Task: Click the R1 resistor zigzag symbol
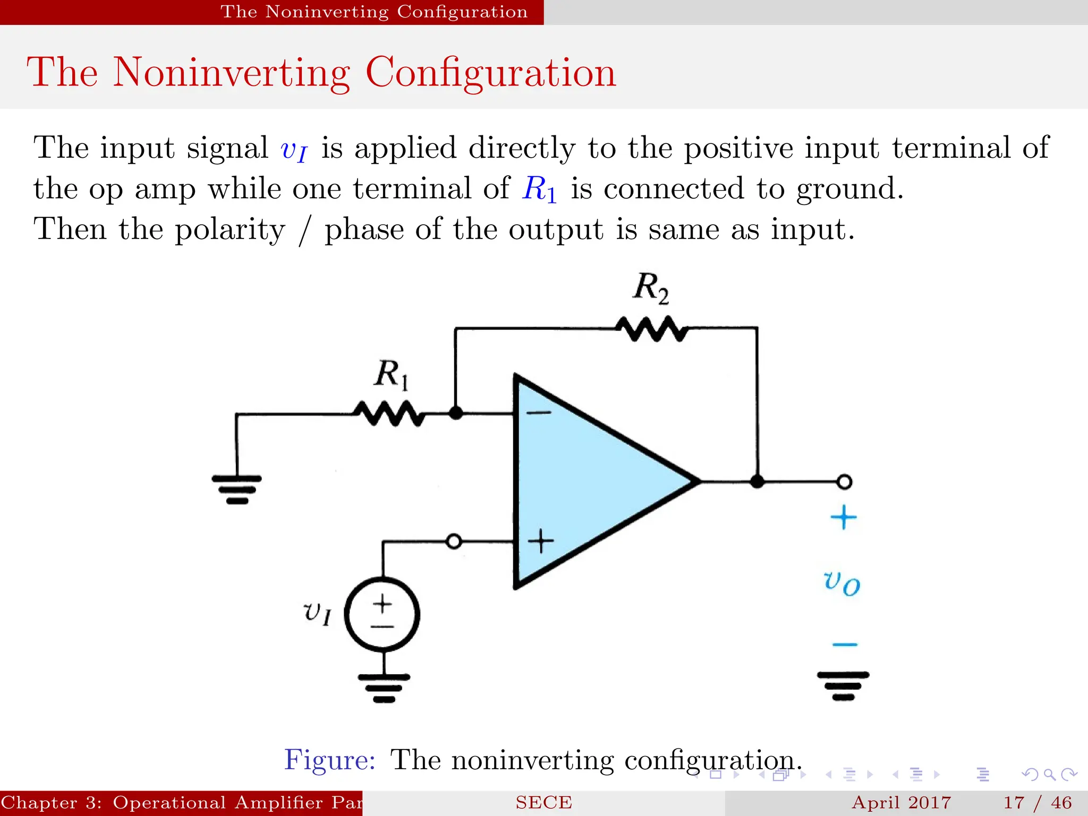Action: tap(389, 413)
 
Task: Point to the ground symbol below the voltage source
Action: tap(384, 688)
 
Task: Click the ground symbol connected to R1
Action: tap(236, 489)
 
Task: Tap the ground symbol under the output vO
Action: tap(843, 686)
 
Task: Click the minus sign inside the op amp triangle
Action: tap(539, 412)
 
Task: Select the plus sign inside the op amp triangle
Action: tap(541, 541)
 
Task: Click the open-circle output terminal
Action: tap(844, 482)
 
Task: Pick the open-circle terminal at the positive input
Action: tap(454, 541)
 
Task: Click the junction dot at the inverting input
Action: tap(455, 413)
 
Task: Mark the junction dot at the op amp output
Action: tap(757, 482)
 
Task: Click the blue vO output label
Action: tap(841, 583)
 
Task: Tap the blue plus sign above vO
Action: tap(844, 517)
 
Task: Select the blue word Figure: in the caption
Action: tap(330, 760)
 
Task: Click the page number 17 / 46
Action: tap(1038, 802)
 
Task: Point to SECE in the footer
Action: tap(543, 802)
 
